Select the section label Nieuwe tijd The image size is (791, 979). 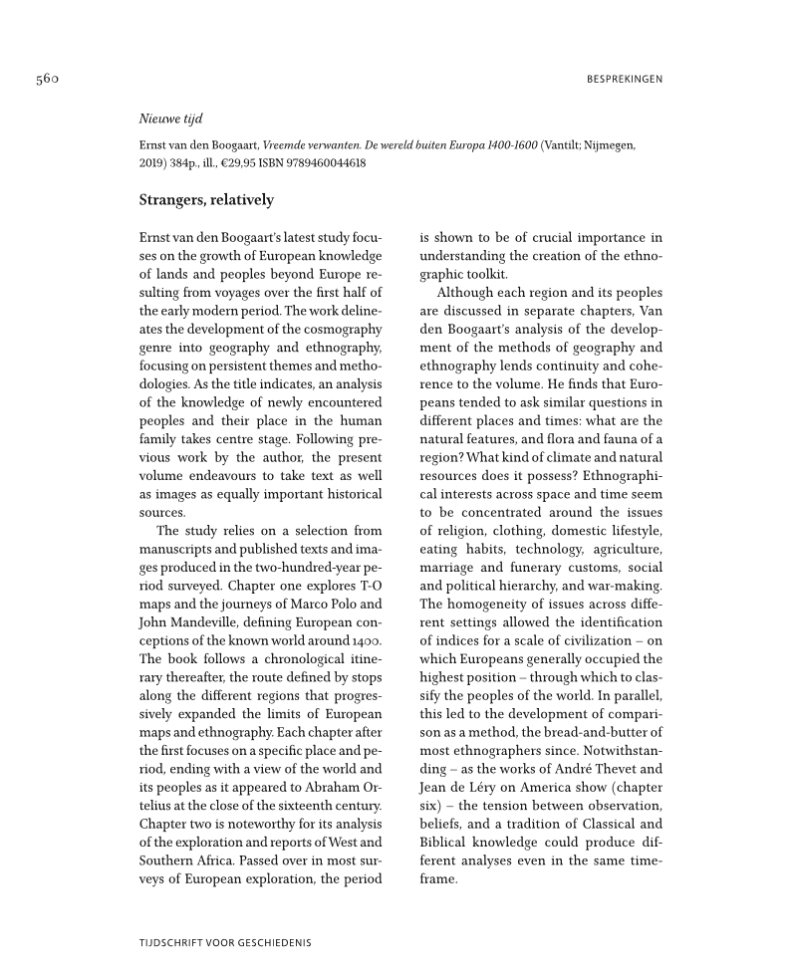[170, 119]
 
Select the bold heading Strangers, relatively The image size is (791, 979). [206, 200]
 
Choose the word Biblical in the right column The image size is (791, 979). [449, 843]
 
